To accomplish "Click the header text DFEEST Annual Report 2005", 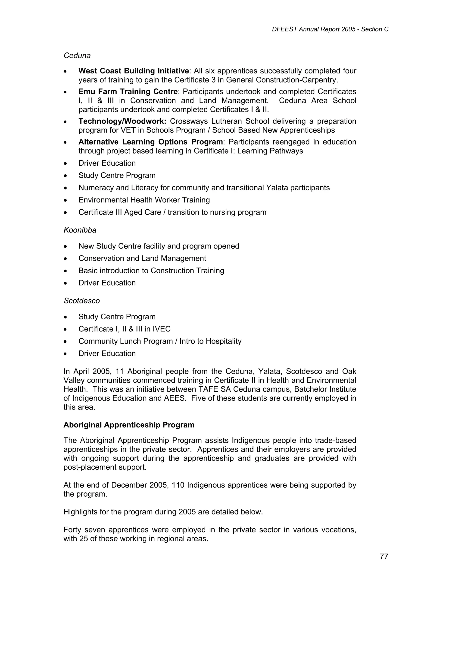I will pos(313,29).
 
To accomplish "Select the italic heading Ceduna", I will pos(77,56).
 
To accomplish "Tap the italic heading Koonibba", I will pos(80,230).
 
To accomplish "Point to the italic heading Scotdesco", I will pos(81,301).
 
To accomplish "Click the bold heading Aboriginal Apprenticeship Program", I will pos(129,425).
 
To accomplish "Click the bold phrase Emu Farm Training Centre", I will pos(128,92).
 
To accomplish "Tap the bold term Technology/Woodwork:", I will pos(122,121).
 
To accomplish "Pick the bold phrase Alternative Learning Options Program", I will pos(150,142).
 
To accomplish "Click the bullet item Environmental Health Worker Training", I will pos(144,200).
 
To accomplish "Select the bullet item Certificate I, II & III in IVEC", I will pos(125,329).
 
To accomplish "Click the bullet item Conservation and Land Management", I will pos(142,258).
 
